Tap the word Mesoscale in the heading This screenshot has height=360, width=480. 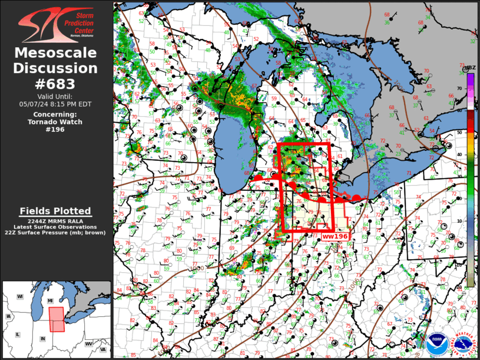pos(56,53)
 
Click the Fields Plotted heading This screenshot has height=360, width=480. pos(55,210)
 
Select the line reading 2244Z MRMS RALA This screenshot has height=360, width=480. pos(56,221)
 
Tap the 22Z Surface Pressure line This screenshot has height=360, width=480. pos(56,233)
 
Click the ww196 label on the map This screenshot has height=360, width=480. pos(335,236)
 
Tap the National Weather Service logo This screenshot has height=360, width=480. pos(462,345)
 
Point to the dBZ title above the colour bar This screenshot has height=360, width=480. pos(470,68)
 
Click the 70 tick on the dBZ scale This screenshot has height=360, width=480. pos(460,88)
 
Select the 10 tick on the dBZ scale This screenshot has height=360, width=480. pos(460,221)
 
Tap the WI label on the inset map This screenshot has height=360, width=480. pos(19,296)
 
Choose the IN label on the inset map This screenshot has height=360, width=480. pos(42,339)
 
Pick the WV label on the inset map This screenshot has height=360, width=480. pos(88,343)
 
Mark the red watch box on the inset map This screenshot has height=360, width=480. pos(57,319)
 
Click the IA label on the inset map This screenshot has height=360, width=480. pos(8,316)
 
